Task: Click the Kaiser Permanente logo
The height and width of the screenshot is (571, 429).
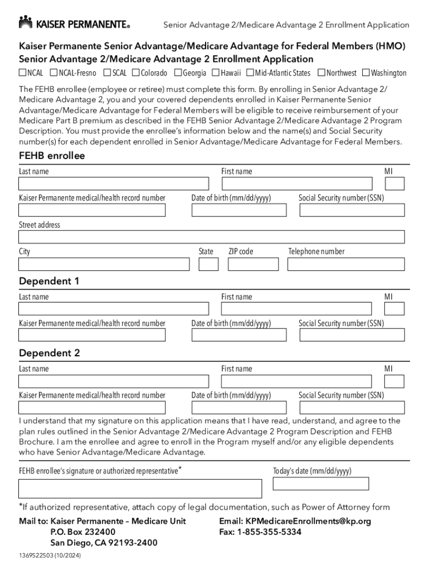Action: point(74,23)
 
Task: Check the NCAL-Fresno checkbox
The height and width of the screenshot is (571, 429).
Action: point(53,72)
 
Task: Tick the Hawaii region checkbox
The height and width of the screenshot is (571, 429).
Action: point(216,72)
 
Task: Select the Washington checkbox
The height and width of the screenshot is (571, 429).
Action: point(366,72)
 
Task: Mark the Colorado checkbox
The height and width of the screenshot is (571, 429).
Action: point(135,72)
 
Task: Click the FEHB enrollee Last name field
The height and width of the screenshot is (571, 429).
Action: point(114,184)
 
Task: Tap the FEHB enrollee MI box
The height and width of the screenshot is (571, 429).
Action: point(394,184)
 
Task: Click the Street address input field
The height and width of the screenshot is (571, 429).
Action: point(211,237)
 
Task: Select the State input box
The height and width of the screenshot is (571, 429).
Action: point(208,264)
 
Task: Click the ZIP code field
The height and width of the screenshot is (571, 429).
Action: point(253,264)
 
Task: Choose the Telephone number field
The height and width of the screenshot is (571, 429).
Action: point(346,264)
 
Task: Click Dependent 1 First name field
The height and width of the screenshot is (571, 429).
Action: point(296,309)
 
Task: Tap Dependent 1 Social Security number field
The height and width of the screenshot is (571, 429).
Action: point(352,335)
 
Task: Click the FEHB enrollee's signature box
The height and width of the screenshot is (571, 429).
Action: point(140,488)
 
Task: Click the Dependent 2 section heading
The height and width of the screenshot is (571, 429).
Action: point(50,353)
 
